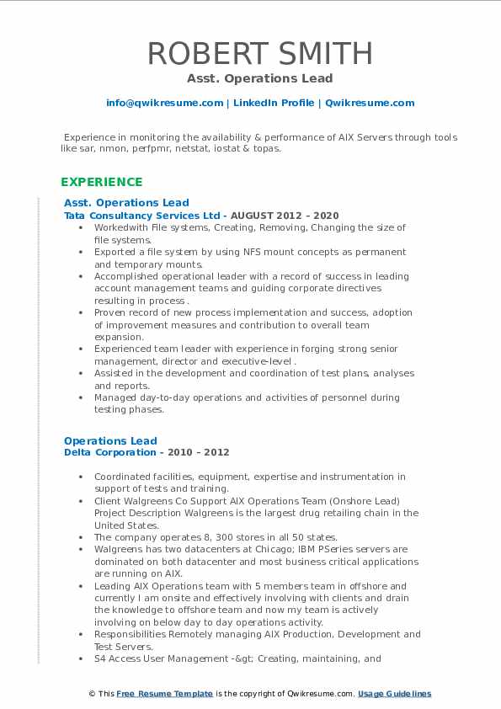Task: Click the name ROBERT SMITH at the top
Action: pyautogui.click(x=259, y=53)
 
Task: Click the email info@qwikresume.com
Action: pyautogui.click(x=164, y=103)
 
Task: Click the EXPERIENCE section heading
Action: pyautogui.click(x=102, y=182)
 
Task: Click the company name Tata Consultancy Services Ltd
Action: pyautogui.click(x=142, y=216)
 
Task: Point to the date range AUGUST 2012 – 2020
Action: pyautogui.click(x=285, y=216)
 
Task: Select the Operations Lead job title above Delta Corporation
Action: pyautogui.click(x=110, y=440)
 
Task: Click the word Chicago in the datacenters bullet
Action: pyautogui.click(x=253, y=549)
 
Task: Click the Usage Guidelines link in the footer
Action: pyautogui.click(x=394, y=694)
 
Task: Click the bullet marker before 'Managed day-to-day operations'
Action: pyautogui.click(x=80, y=397)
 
